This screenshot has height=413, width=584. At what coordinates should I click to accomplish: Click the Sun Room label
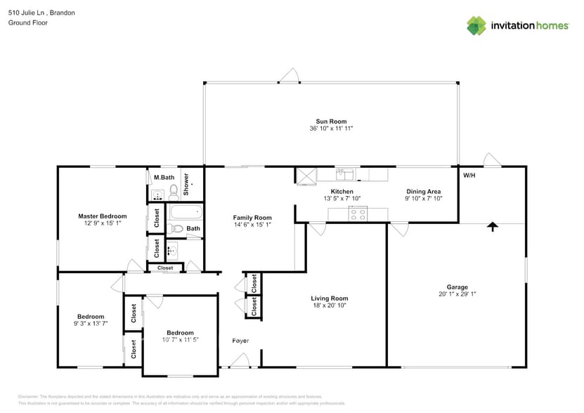coord(330,122)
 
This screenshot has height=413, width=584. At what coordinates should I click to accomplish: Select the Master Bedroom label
coord(102,216)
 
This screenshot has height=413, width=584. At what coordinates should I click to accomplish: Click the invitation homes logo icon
coord(476,26)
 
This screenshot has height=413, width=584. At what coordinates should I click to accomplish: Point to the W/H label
coord(469,175)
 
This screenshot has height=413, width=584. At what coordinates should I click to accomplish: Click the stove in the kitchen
coord(358,214)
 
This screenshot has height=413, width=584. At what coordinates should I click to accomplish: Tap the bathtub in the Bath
coord(185,211)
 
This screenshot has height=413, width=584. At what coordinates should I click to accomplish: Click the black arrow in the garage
coord(493,226)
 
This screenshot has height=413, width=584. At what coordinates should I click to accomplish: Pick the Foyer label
coord(240,341)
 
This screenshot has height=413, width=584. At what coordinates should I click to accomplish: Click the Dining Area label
coord(423,191)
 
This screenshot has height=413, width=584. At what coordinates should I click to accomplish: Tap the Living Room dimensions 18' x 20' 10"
coord(330,305)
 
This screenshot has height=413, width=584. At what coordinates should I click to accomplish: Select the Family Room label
coord(252,218)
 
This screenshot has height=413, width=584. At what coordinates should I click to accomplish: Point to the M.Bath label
coord(164,178)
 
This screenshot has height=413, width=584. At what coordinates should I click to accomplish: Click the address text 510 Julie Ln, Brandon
coord(41,13)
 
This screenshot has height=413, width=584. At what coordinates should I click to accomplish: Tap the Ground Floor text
coord(28,22)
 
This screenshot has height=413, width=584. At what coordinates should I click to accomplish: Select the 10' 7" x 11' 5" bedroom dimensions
coord(180,340)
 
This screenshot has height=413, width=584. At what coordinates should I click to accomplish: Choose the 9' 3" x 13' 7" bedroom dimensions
coord(91,323)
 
